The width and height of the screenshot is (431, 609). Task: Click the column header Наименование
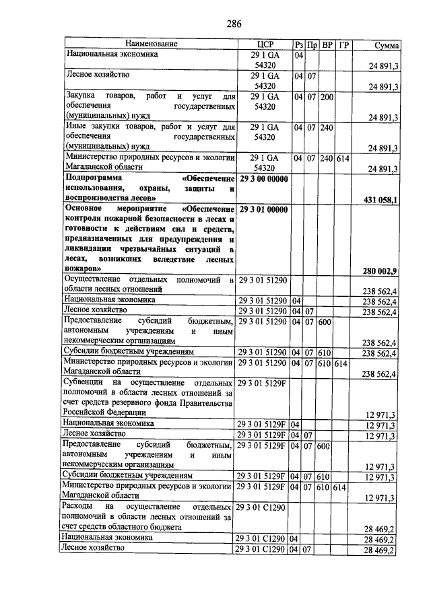[x=149, y=44]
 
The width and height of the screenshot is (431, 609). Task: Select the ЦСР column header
[x=263, y=44]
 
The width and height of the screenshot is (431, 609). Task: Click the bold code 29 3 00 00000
[x=263, y=178]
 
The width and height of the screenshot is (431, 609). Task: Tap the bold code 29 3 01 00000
[x=263, y=209]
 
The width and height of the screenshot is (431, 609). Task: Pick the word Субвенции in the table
[x=85, y=382]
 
